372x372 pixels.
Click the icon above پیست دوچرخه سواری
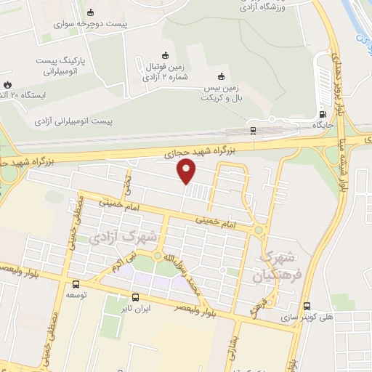(x=91, y=12)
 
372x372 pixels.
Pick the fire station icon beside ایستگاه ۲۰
(x=7, y=84)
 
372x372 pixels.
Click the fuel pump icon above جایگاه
(x=322, y=114)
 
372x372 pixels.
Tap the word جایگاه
(x=322, y=125)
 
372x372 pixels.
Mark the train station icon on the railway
(x=252, y=131)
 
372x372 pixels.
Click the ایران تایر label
(x=135, y=308)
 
